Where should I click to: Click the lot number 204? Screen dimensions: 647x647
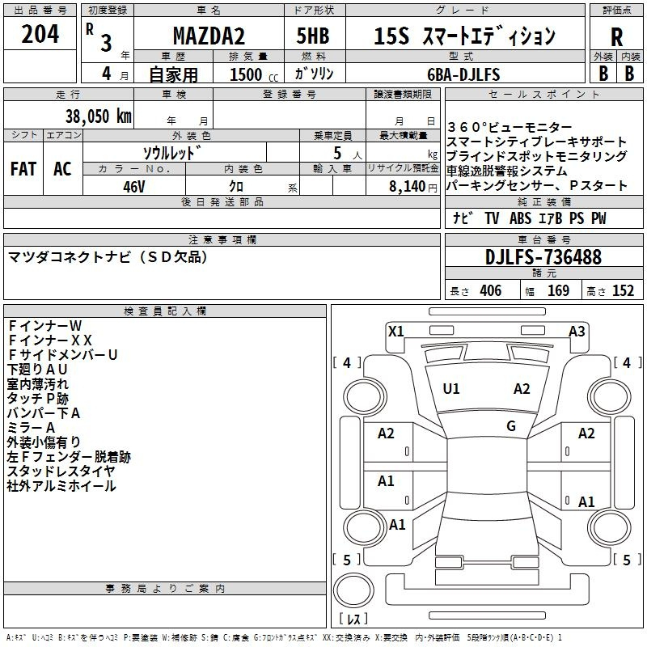pyautogui.click(x=40, y=34)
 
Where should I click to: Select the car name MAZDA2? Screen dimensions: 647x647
pyautogui.click(x=209, y=36)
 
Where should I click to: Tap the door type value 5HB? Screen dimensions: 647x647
pyautogui.click(x=313, y=36)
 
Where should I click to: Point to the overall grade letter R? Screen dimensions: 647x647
pyautogui.click(x=616, y=37)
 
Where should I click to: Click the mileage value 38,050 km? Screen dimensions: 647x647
pyautogui.click(x=98, y=116)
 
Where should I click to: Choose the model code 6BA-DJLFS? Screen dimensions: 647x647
pyautogui.click(x=463, y=74)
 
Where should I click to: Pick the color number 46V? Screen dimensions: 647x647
pyautogui.click(x=133, y=187)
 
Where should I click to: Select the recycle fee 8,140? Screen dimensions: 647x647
pyautogui.click(x=407, y=187)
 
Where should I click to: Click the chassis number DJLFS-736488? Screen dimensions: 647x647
pyautogui.click(x=543, y=257)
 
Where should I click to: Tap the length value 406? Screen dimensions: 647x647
pyautogui.click(x=491, y=291)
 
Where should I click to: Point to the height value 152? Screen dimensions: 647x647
pyautogui.click(x=623, y=291)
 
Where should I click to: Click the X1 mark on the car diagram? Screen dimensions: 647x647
pyautogui.click(x=395, y=332)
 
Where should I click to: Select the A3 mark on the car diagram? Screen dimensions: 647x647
pyautogui.click(x=577, y=332)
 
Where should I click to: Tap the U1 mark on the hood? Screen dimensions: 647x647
pyautogui.click(x=451, y=389)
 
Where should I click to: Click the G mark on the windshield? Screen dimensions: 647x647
pyautogui.click(x=511, y=426)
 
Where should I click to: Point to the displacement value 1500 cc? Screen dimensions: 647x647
pyautogui.click(x=254, y=75)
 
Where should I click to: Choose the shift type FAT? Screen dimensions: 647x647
pyautogui.click(x=23, y=169)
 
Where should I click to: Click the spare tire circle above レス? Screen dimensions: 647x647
pyautogui.click(x=353, y=591)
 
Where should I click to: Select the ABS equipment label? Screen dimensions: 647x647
pyautogui.click(x=520, y=218)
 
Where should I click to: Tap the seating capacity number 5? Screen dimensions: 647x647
pyautogui.click(x=337, y=153)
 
